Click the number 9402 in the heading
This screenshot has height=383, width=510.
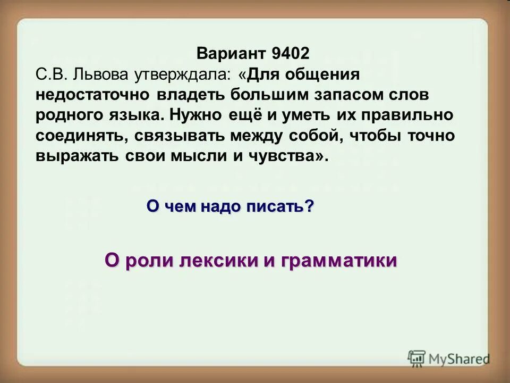coord(290,54)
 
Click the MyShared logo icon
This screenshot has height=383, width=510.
coord(417,358)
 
